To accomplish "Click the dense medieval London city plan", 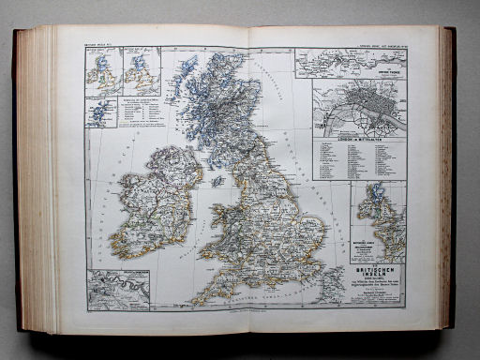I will (360, 108).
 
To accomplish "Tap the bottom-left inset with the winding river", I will (116, 288).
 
